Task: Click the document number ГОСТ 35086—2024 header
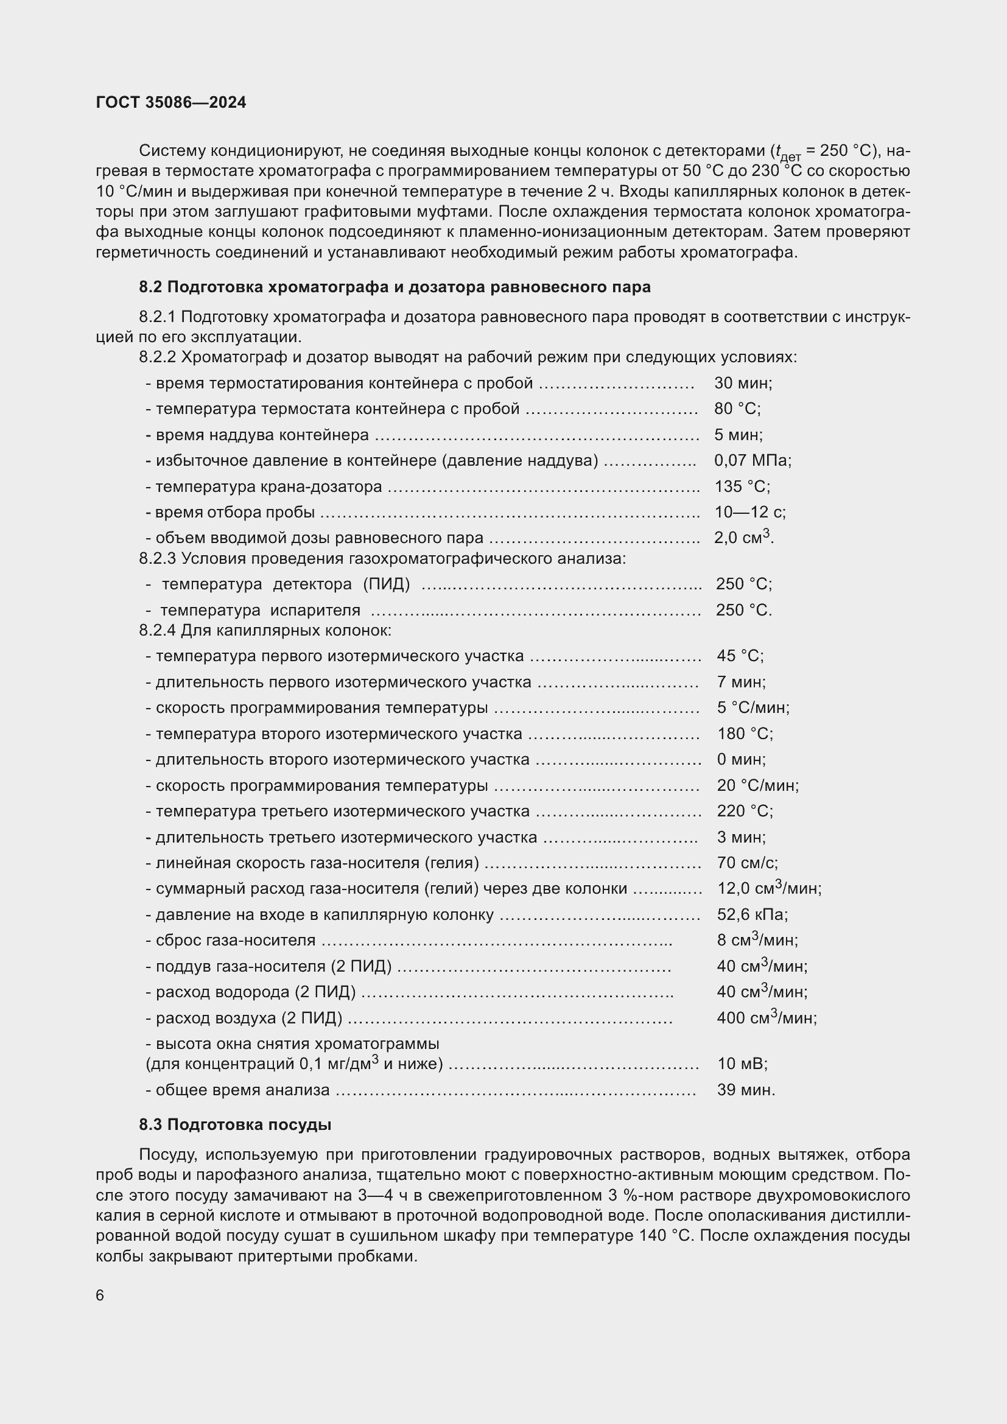171,102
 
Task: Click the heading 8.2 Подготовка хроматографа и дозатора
395,287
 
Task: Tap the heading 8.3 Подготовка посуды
235,1124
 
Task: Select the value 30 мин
742,383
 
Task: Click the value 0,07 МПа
752,460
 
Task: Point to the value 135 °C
742,486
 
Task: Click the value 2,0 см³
742,537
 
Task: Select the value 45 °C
740,656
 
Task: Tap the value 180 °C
745,734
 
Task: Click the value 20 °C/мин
758,785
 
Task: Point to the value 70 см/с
747,863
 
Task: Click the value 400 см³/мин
767,1018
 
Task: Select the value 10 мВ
742,1064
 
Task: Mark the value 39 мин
745,1090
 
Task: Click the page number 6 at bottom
100,1296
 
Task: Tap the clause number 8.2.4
158,631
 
